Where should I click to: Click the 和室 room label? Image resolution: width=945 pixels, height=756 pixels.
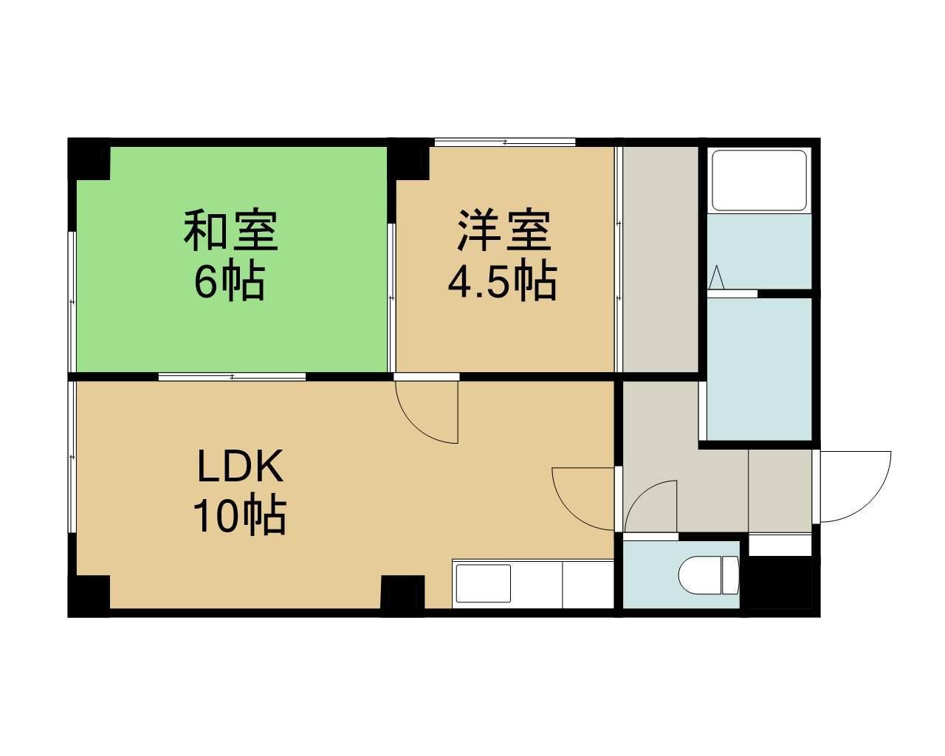click(x=230, y=230)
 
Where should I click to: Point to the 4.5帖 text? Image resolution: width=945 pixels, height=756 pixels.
click(x=502, y=281)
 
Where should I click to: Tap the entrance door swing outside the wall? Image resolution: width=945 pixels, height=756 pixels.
click(x=855, y=486)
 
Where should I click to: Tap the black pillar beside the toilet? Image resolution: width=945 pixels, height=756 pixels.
click(x=779, y=583)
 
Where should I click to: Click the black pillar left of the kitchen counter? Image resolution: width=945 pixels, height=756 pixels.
click(x=402, y=594)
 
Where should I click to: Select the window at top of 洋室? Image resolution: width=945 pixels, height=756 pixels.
click(x=504, y=142)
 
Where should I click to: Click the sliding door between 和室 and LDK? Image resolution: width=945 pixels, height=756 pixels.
click(x=232, y=377)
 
